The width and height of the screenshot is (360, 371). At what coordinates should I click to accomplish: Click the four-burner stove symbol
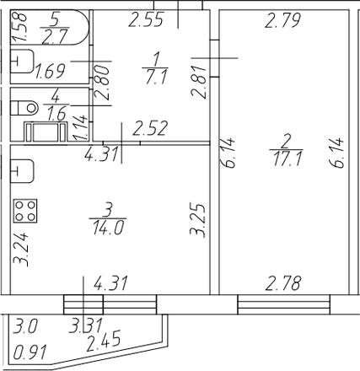(x=25, y=211)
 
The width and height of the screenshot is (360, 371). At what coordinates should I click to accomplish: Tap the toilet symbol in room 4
(x=24, y=108)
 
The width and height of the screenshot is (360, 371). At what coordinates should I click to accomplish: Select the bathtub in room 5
(x=50, y=27)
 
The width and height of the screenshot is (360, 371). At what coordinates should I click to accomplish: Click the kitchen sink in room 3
(x=22, y=171)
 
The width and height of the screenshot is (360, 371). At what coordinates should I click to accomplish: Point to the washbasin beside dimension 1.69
(x=22, y=62)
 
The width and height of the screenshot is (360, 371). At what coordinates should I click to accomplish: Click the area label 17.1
(x=287, y=159)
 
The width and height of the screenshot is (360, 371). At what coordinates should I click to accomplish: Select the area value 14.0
(x=108, y=228)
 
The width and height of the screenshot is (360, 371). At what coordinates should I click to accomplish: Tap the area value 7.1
(x=156, y=77)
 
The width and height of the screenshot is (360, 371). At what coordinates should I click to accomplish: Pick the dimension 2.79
(x=282, y=20)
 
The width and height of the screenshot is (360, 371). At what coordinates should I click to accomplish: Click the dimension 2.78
(x=283, y=283)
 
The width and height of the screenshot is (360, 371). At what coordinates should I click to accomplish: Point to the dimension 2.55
(x=146, y=19)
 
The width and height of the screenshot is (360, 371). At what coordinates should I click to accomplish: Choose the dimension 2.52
(x=150, y=128)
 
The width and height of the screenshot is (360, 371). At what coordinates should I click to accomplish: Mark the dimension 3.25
(x=197, y=221)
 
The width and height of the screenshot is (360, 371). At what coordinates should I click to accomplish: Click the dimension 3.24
(x=21, y=249)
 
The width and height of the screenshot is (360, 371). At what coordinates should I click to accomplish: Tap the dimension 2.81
(x=198, y=82)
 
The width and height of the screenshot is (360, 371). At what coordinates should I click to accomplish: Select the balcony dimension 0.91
(x=30, y=352)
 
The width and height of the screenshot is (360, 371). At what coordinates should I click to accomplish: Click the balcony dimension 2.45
(x=104, y=341)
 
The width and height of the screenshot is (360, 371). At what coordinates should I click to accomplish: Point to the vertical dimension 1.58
(x=19, y=27)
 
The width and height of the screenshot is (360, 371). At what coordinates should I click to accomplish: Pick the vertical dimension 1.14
(x=79, y=128)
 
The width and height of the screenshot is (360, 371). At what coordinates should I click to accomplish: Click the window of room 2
(x=284, y=304)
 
